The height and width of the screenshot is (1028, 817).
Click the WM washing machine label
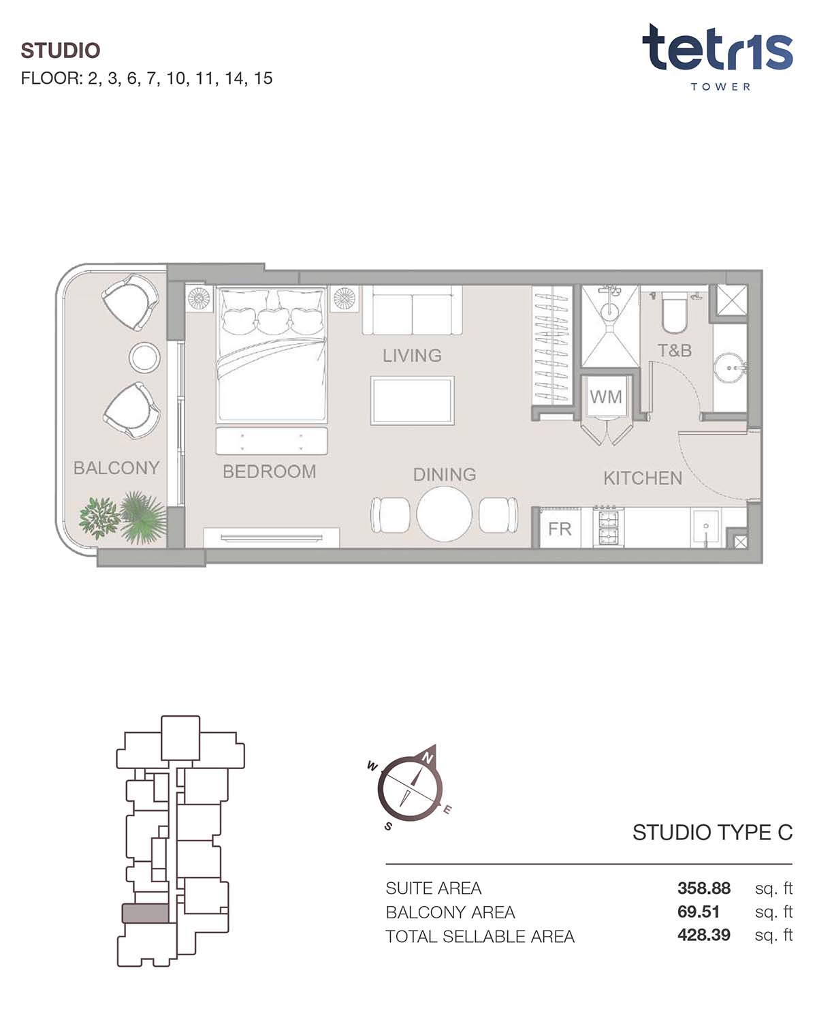tap(605, 396)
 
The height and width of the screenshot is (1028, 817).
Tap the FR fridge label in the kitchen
tap(560, 529)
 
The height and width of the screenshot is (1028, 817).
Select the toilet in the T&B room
tap(674, 313)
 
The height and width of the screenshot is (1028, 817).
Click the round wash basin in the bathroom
tap(730, 369)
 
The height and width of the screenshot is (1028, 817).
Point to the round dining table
tap(444, 514)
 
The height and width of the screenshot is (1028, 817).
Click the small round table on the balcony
tap(144, 357)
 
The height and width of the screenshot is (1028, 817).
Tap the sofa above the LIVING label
tap(412, 311)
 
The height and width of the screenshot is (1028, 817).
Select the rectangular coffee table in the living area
tap(412, 401)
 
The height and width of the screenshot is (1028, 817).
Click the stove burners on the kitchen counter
tap(608, 527)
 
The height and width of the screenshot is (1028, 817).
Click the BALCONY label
tap(116, 467)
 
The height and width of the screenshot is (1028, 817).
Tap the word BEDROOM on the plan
tap(270, 471)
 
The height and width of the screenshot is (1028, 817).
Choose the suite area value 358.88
tap(703, 888)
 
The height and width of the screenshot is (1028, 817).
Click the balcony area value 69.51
tap(698, 912)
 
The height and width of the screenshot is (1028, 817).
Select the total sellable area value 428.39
tap(703, 935)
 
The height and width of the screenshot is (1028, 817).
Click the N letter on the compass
tap(428, 758)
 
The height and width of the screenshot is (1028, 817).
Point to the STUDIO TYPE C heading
tap(712, 832)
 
